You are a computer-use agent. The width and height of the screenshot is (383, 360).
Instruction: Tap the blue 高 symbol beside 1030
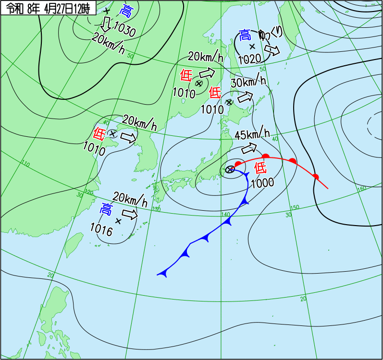click(x=126, y=11)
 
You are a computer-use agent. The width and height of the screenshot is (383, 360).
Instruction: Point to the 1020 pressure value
click(x=250, y=59)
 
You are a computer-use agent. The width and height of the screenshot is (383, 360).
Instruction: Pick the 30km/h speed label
click(x=248, y=82)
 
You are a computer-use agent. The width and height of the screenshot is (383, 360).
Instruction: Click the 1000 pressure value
click(x=262, y=182)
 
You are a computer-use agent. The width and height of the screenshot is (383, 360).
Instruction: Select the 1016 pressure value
click(x=101, y=231)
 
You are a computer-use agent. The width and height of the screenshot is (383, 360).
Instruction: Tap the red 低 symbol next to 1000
click(x=260, y=168)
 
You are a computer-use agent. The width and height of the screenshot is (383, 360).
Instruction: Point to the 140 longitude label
click(x=225, y=214)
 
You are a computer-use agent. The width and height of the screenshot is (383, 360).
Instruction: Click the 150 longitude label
click(x=295, y=207)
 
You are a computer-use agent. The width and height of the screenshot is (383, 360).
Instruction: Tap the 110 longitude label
click(x=25, y=165)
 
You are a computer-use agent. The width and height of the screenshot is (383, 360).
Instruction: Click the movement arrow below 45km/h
click(x=250, y=147)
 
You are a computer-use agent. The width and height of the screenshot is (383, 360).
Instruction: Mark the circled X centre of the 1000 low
click(x=230, y=169)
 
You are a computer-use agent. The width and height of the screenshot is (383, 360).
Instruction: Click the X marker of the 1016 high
click(x=118, y=221)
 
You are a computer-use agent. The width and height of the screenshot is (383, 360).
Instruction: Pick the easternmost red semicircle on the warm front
click(x=316, y=176)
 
